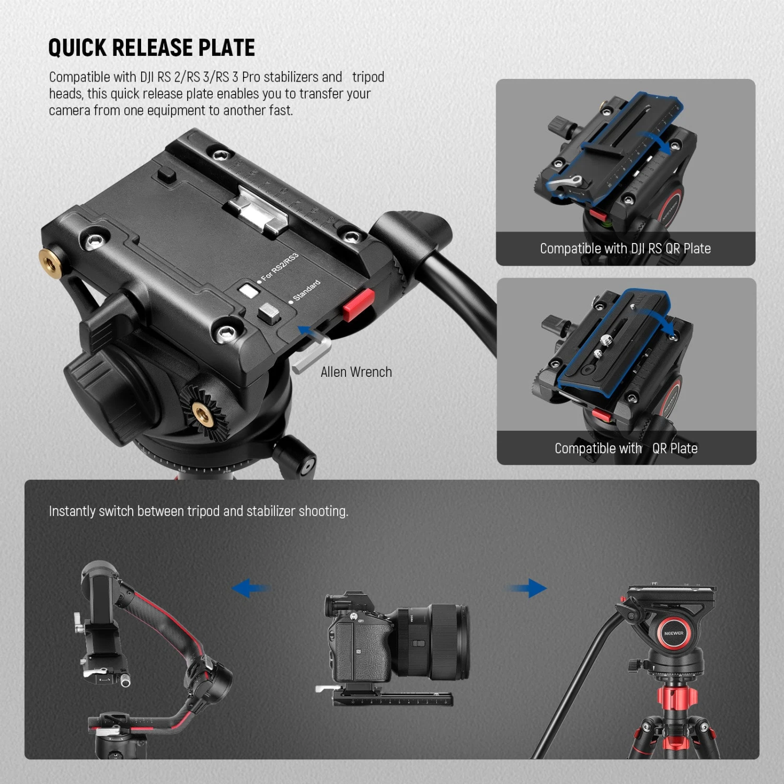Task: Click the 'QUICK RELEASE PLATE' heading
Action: [x=152, y=48]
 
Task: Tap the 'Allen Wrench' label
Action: [x=356, y=372]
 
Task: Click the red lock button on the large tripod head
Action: [x=359, y=305]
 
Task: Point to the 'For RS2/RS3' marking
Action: [x=280, y=267]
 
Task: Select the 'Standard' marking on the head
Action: [x=306, y=291]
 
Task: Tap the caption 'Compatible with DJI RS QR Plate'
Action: [x=625, y=249]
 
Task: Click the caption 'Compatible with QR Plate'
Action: [x=626, y=448]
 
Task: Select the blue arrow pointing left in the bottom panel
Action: [x=250, y=589]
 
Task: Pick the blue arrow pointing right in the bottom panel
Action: [x=528, y=589]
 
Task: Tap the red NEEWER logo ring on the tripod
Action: [x=674, y=633]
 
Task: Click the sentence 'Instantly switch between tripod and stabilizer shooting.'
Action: [x=198, y=511]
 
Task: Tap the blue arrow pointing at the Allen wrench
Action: [x=308, y=331]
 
